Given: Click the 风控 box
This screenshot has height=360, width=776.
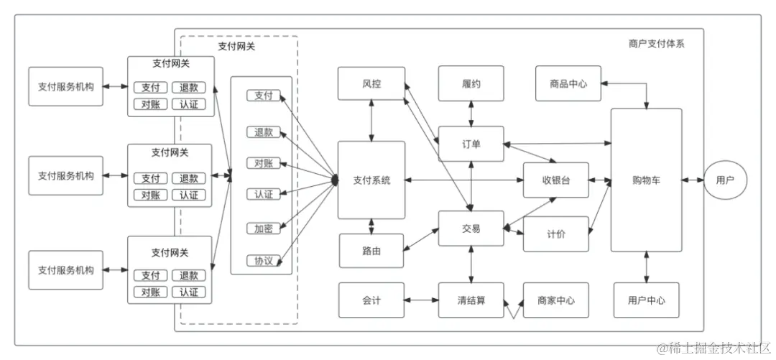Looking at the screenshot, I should pyautogui.click(x=371, y=84).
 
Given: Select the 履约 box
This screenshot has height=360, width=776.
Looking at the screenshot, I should pyautogui.click(x=471, y=84).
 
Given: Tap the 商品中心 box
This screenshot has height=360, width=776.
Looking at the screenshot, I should pyautogui.click(x=568, y=84).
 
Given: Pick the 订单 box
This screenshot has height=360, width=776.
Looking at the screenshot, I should pyautogui.click(x=471, y=144).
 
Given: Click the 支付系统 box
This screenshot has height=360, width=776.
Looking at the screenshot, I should pyautogui.click(x=371, y=180).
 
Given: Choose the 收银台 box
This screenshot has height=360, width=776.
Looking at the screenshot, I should pyautogui.click(x=555, y=180).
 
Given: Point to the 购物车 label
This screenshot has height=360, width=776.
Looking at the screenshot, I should pyautogui.click(x=646, y=180).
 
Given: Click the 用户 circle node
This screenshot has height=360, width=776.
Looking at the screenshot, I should pyautogui.click(x=725, y=180).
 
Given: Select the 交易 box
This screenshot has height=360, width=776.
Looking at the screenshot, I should pyautogui.click(x=471, y=229).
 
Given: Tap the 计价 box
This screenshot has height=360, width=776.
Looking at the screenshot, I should pyautogui.click(x=555, y=234).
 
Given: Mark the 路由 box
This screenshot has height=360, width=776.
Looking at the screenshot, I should pyautogui.click(x=371, y=251).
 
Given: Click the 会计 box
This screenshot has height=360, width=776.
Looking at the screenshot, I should pyautogui.click(x=371, y=300).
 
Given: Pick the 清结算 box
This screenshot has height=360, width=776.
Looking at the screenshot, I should pyautogui.click(x=471, y=300).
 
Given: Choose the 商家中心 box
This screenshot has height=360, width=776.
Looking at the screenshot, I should pyautogui.click(x=555, y=300).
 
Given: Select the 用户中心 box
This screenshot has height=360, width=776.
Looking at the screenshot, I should pyautogui.click(x=646, y=300).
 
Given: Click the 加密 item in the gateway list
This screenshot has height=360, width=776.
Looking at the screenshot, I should pyautogui.click(x=264, y=229).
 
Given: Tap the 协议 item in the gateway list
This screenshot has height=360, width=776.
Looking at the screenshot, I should pyautogui.click(x=264, y=260).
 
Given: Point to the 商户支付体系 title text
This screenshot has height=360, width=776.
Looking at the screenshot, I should pyautogui.click(x=656, y=44).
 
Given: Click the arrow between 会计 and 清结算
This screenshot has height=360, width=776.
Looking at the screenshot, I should pyautogui.click(x=422, y=300).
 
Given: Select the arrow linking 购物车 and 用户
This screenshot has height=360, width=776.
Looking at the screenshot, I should pyautogui.click(x=693, y=180).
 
